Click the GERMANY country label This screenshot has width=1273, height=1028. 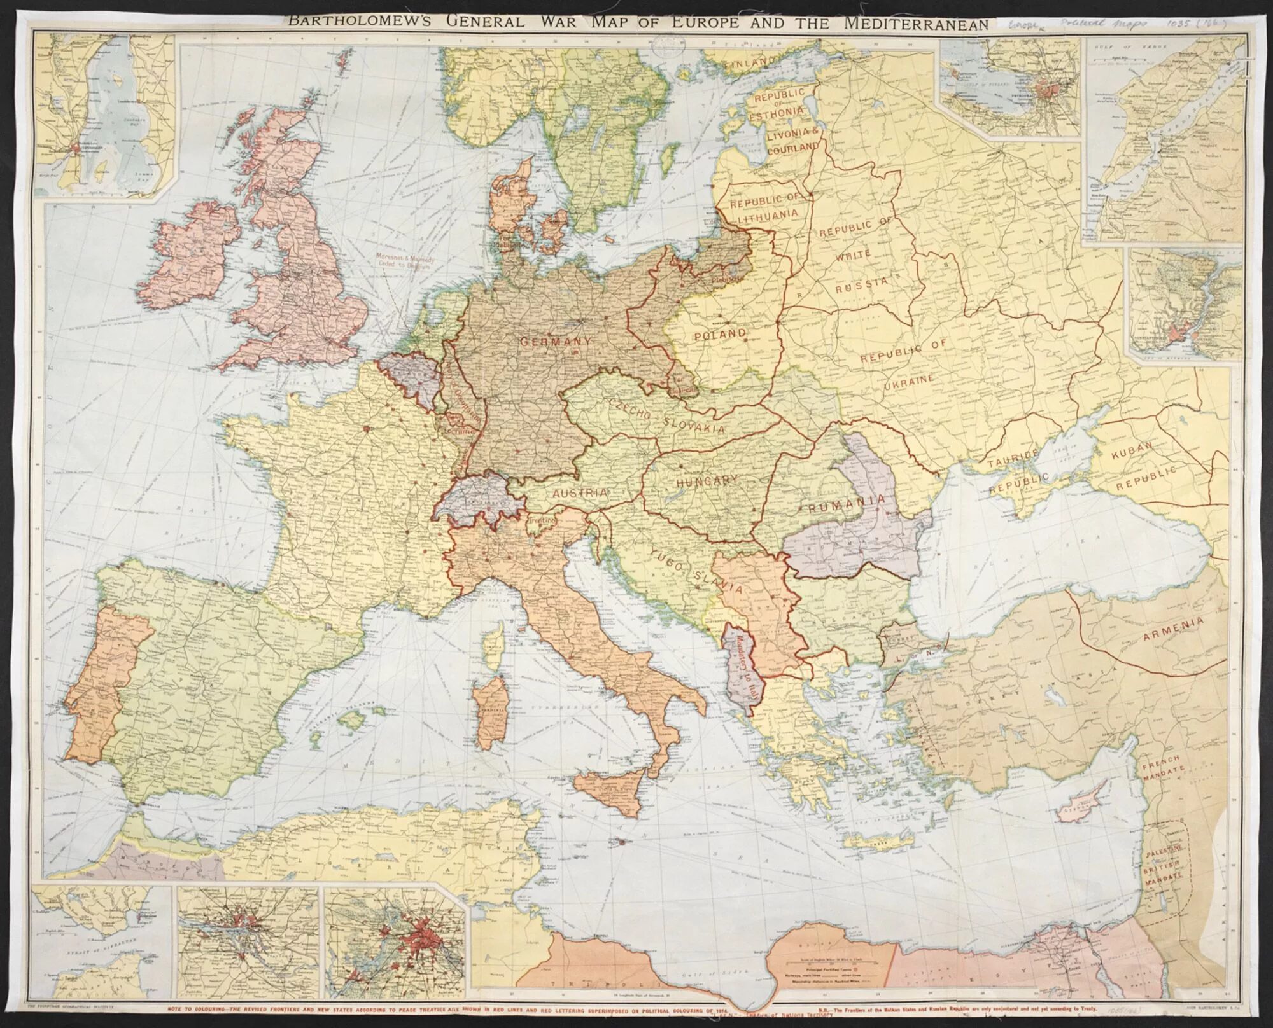(x=556, y=341)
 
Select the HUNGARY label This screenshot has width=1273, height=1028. (x=707, y=482)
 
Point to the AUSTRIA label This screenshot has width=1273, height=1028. (x=580, y=493)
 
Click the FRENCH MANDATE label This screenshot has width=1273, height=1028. (x=1162, y=766)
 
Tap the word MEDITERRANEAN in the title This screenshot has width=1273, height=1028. (x=916, y=24)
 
